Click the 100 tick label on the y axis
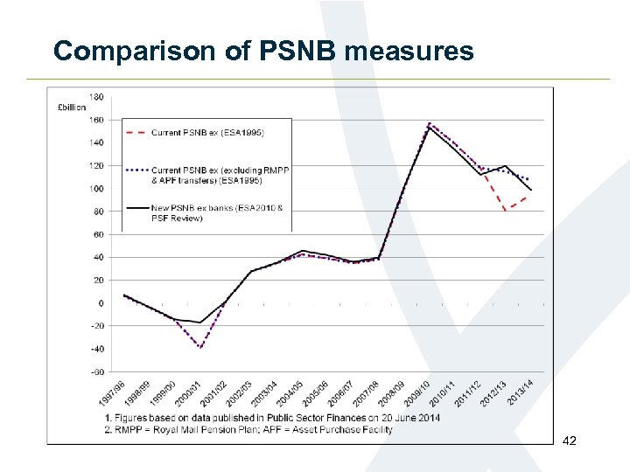(96, 189)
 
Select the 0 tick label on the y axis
(101, 303)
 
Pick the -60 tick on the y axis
(96, 371)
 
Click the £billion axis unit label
(72, 108)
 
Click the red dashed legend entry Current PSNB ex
(206, 133)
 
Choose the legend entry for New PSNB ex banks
(216, 208)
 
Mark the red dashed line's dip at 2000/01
(201, 348)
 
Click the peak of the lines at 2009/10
(430, 124)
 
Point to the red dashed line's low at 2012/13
(506, 211)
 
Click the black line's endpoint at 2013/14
(531, 190)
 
